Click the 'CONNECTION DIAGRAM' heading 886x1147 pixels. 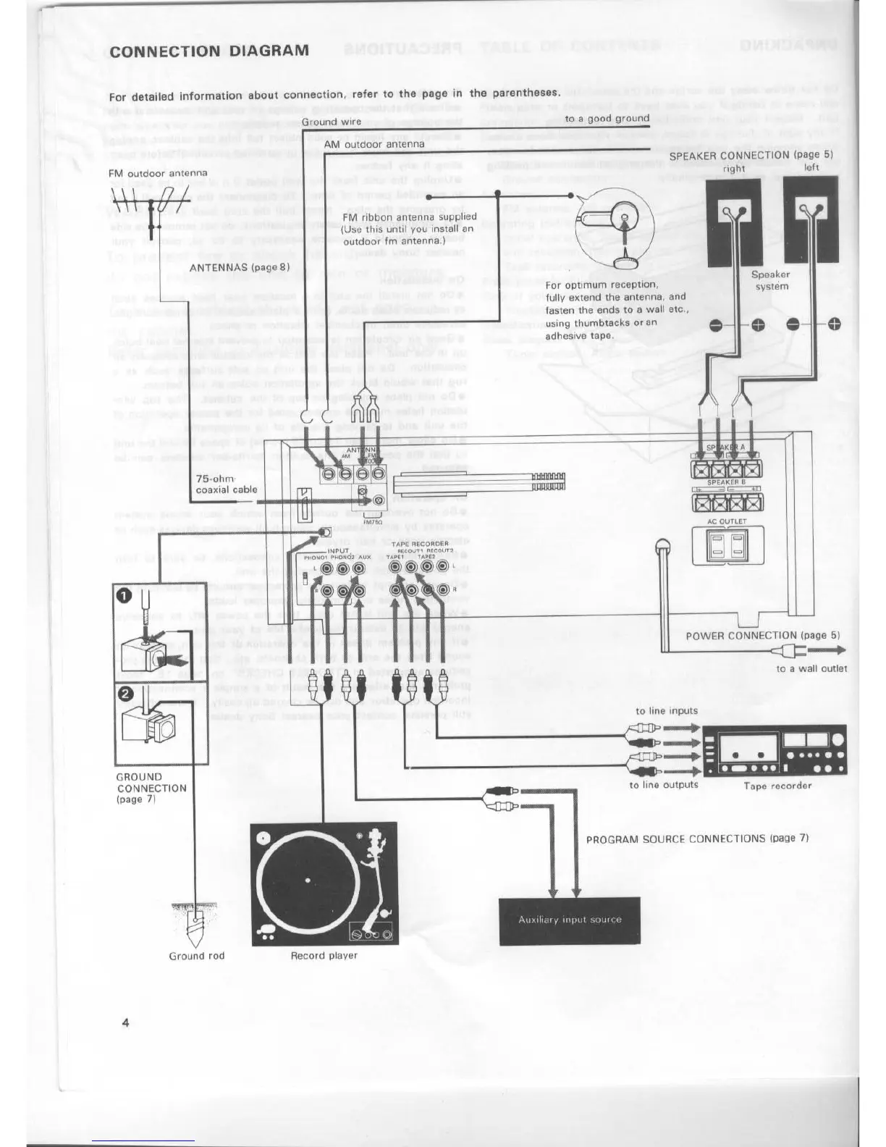click(209, 51)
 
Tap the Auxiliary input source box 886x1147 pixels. click(570, 920)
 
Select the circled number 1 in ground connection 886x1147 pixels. click(125, 595)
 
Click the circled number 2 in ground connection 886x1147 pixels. click(125, 693)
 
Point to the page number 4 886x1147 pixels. click(126, 1022)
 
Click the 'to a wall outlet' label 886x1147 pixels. click(811, 668)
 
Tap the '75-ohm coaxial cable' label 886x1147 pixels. click(227, 484)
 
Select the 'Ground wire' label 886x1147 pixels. click(331, 122)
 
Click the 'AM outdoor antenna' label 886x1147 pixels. click(374, 144)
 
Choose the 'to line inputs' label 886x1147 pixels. click(666, 710)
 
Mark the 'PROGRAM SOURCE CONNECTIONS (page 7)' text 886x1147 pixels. click(696, 839)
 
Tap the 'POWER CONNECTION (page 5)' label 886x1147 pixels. click(762, 636)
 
